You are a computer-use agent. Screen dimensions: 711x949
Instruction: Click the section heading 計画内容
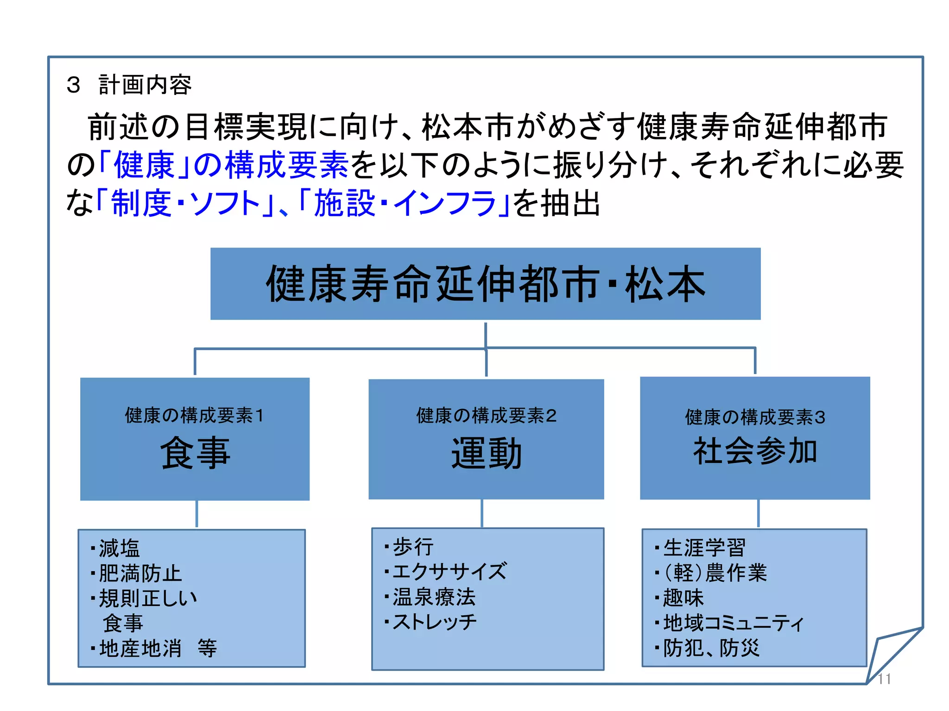(145, 85)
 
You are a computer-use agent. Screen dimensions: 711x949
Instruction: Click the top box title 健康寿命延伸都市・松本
(485, 284)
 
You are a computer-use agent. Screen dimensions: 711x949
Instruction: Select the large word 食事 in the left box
(195, 453)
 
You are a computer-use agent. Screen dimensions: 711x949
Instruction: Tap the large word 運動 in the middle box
(486, 453)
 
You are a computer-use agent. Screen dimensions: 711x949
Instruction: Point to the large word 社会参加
(755, 451)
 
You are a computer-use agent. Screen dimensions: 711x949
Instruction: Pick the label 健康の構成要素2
(486, 415)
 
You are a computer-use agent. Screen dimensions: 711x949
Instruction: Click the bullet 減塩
(119, 549)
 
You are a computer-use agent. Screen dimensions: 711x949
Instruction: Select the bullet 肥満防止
(140, 574)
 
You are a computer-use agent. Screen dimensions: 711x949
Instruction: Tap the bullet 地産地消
(140, 649)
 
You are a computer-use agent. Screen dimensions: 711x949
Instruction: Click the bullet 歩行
(413, 547)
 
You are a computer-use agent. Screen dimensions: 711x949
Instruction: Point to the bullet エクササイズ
(449, 572)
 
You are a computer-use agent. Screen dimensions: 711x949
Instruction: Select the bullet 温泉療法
(434, 597)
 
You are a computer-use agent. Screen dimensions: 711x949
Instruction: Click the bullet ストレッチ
(434, 622)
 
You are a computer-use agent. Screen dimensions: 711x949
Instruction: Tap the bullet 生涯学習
(704, 548)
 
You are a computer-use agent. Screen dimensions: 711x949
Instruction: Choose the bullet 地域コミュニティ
(733, 623)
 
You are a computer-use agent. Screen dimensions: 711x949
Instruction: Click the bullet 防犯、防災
(711, 648)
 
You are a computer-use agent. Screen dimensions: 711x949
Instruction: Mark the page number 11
(884, 679)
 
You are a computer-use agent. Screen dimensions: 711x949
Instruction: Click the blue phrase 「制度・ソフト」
(186, 204)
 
